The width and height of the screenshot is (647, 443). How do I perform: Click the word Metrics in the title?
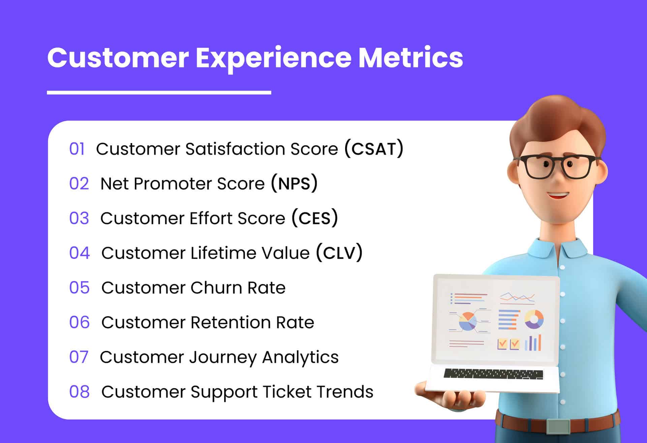click(410, 58)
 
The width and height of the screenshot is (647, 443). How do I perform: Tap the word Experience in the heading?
click(274, 58)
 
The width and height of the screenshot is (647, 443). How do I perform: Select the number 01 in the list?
click(77, 149)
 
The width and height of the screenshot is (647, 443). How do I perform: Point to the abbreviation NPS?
click(294, 184)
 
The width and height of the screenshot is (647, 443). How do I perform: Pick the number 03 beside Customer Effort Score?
click(79, 219)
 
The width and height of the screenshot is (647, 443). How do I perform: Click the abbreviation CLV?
click(339, 253)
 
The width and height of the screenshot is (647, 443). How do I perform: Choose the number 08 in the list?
click(80, 392)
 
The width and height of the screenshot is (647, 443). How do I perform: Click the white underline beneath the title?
click(159, 92)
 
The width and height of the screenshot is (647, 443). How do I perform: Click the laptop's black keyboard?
click(493, 373)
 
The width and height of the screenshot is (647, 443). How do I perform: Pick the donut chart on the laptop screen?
click(534, 319)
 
